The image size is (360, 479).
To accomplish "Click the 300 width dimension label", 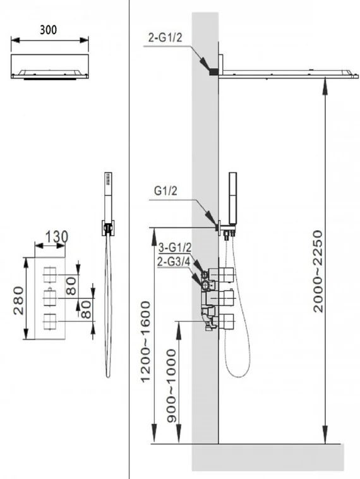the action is coord(48,30).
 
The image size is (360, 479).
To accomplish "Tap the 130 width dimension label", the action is coord(57,237).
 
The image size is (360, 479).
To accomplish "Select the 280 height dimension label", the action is coord(18,301).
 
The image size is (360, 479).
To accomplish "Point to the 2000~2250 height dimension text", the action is coord(318,271).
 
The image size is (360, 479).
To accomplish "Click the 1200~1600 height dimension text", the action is coord(146,341).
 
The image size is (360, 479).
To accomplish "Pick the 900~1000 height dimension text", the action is coord(172,386).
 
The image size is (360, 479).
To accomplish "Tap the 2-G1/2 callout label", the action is coord(165,38).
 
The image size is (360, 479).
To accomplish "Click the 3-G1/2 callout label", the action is coord(175,248).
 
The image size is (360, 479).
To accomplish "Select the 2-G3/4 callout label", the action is coord(174,262).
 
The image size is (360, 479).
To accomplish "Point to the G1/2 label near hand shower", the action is coord(165,191).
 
